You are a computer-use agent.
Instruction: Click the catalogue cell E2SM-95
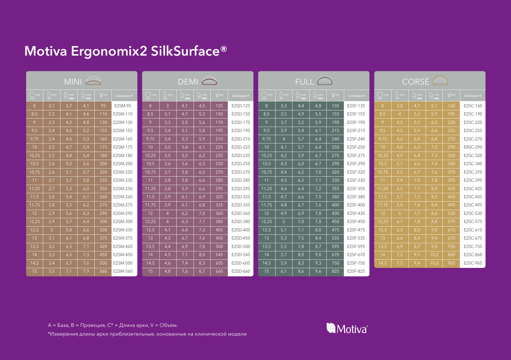click(x=123, y=106)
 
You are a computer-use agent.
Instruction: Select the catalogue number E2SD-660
click(x=241, y=271)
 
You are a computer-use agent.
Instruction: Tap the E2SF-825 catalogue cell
click(x=356, y=271)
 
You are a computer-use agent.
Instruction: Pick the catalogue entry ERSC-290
click(x=473, y=147)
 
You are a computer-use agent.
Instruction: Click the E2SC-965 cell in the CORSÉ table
click(x=473, y=263)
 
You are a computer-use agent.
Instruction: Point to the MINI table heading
click(x=73, y=82)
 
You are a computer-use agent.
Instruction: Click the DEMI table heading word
click(x=188, y=82)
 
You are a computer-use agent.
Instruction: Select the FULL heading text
click(x=304, y=82)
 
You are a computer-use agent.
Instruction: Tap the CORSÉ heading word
click(x=415, y=81)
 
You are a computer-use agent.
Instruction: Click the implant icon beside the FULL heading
click(x=325, y=81)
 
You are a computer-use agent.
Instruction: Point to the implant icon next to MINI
click(x=93, y=81)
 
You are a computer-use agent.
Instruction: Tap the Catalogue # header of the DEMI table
click(x=240, y=96)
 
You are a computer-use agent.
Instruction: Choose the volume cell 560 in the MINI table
click(x=103, y=271)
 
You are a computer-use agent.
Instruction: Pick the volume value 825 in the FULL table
click(x=335, y=271)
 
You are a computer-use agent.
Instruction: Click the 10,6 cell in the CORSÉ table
click(x=434, y=263)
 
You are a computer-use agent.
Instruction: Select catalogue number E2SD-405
click(x=241, y=230)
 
